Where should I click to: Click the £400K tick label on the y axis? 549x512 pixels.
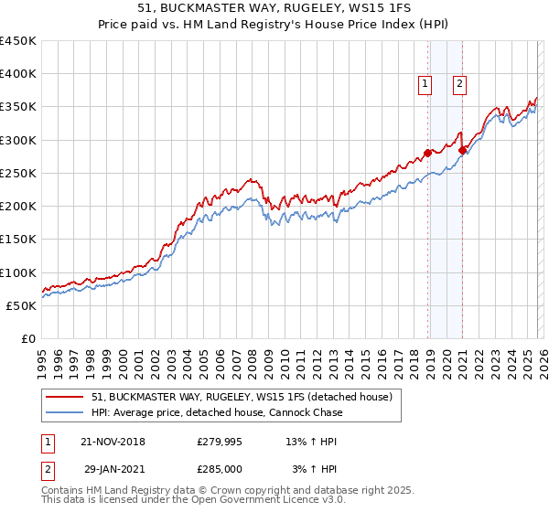(x=18, y=74)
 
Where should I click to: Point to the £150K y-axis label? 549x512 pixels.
(x=18, y=240)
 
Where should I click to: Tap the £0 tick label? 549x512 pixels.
(x=28, y=339)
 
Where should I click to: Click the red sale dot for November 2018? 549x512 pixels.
(x=427, y=154)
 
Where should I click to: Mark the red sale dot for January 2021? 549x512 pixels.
(x=463, y=150)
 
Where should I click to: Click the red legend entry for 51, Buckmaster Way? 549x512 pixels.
(x=242, y=397)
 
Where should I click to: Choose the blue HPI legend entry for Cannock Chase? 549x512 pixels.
(x=217, y=412)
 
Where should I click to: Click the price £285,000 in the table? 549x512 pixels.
(x=219, y=468)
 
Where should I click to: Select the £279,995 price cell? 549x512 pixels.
(x=219, y=442)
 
